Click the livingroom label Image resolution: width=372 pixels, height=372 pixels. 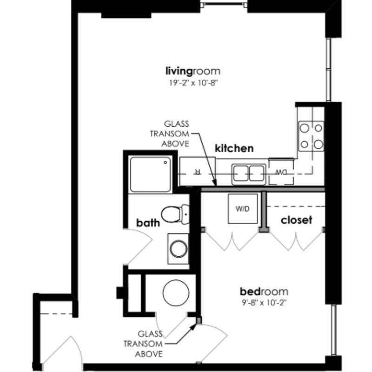(193, 72)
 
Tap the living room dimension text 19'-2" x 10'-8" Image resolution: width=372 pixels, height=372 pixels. (193, 83)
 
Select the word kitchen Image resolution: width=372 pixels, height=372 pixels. (234, 148)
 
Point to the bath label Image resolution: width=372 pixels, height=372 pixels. (148, 223)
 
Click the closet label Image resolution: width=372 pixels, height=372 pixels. (296, 220)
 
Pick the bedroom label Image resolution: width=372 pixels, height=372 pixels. (264, 292)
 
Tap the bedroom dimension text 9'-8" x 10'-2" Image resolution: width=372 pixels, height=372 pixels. (264, 303)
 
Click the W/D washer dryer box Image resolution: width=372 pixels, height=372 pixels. (243, 209)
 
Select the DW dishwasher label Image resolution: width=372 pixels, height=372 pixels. (281, 173)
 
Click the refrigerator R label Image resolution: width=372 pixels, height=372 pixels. (197, 172)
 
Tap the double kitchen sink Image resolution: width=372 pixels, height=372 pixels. (249, 174)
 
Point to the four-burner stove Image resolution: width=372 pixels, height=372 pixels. (311, 136)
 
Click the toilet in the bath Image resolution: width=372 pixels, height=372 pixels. (175, 214)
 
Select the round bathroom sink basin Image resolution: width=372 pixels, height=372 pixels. (179, 249)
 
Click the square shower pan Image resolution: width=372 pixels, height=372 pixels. (150, 174)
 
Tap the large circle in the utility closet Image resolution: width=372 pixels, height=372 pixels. (176, 293)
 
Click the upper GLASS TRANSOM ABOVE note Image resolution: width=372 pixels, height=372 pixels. (170, 134)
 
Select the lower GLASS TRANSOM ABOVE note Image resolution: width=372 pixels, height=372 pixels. (143, 344)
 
